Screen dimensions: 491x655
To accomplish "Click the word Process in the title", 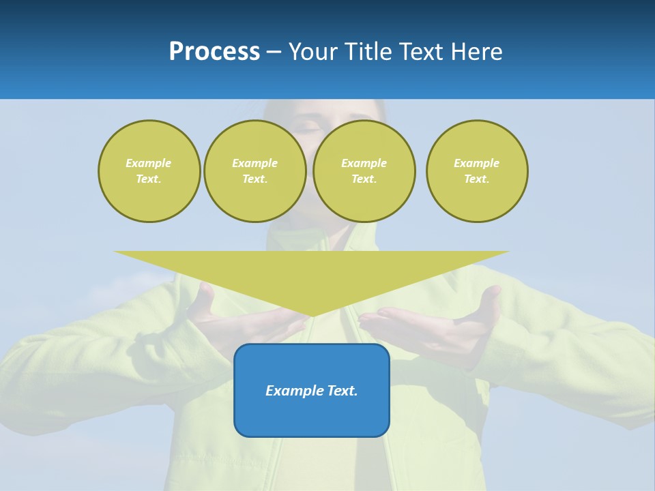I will [x=214, y=52].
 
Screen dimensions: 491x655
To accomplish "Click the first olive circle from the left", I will [x=149, y=171].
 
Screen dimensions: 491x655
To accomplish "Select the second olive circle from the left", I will [x=255, y=171].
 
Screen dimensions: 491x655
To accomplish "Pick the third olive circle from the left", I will [x=364, y=171].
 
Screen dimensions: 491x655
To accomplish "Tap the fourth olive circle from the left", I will [x=477, y=171].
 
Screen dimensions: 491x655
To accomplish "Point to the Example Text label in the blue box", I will [x=312, y=391].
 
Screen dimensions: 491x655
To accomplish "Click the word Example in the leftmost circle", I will [x=149, y=163].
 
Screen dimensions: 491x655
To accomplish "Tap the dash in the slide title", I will [x=274, y=52].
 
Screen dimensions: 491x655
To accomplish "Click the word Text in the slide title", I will [x=420, y=52].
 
